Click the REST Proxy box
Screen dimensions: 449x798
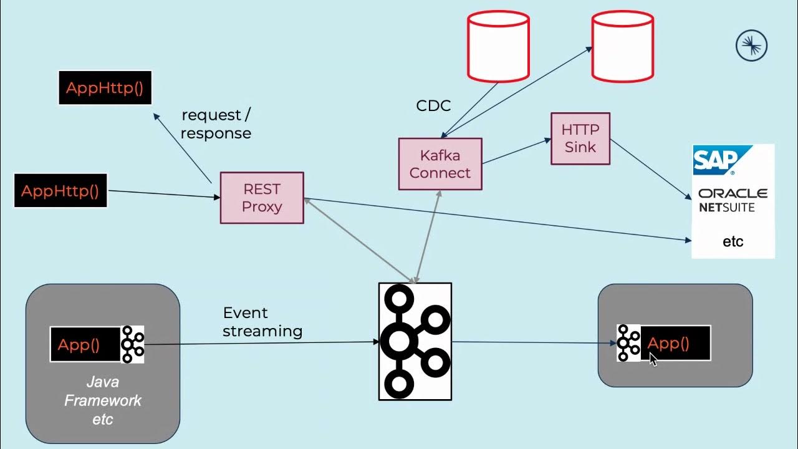point(262,198)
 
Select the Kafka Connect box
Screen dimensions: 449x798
point(440,164)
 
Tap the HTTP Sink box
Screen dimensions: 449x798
point(580,138)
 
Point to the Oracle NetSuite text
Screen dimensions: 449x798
point(733,200)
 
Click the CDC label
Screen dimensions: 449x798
point(433,106)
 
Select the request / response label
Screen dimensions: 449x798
point(216,124)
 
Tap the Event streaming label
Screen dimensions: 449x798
point(262,322)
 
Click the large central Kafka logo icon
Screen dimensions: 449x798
point(415,341)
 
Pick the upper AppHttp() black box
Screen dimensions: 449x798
point(105,87)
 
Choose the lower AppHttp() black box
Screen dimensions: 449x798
point(60,190)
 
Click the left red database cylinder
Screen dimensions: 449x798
point(498,46)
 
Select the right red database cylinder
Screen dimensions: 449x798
point(622,46)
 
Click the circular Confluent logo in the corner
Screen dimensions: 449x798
point(751,46)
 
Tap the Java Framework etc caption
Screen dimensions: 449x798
point(103,400)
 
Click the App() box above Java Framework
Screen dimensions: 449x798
point(85,344)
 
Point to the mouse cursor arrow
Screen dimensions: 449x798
point(653,360)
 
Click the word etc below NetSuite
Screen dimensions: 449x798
point(733,241)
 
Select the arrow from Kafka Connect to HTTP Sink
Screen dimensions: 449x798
point(516,152)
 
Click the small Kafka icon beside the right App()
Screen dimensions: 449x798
point(628,343)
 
